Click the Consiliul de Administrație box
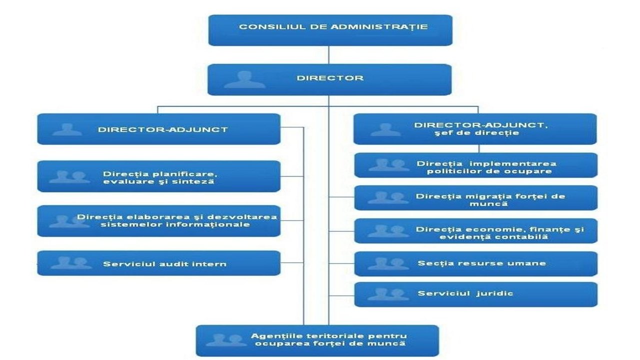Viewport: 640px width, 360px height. (x=330, y=29)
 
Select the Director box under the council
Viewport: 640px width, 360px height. (x=330, y=79)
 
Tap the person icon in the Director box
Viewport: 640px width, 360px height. (x=244, y=79)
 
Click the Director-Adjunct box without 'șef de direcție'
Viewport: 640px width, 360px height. (x=158, y=129)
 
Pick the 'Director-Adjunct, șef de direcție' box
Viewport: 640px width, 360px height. (x=475, y=129)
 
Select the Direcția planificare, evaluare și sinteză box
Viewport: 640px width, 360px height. (x=158, y=176)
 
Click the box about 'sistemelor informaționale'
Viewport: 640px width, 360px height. (x=158, y=220)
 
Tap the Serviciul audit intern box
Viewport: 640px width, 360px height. (x=158, y=263)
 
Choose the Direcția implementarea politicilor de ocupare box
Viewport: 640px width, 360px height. (x=475, y=165)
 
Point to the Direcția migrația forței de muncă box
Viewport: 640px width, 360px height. (x=475, y=198)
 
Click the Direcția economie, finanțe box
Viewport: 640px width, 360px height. (x=475, y=231)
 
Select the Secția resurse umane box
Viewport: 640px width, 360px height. (x=475, y=263)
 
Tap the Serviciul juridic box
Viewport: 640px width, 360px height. (x=475, y=294)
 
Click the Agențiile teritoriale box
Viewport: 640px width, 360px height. (x=317, y=340)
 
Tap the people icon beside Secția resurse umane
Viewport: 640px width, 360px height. (x=388, y=263)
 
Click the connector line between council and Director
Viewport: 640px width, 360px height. (x=328, y=54)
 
